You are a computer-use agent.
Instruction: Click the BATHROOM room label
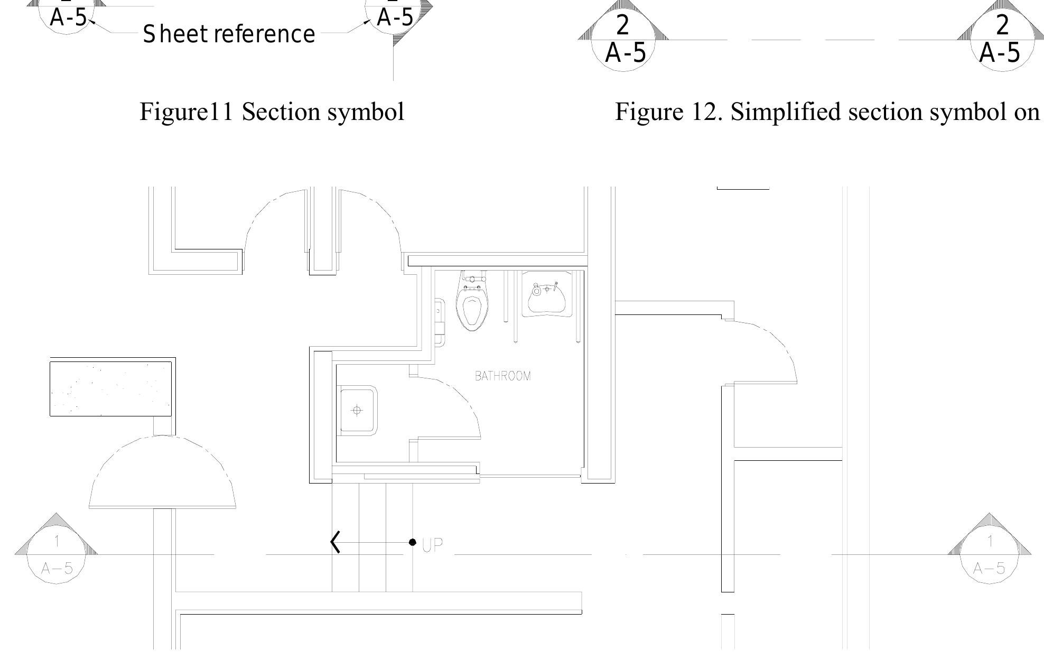point(502,376)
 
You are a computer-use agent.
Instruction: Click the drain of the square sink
point(357,410)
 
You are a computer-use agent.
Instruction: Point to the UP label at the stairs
point(432,545)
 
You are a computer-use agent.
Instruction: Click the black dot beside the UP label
point(413,542)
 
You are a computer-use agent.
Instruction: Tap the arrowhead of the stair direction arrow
point(335,542)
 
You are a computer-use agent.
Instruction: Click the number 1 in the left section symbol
point(57,541)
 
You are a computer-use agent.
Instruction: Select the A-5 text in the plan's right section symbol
point(989,569)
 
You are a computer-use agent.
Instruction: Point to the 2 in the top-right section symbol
point(1002,25)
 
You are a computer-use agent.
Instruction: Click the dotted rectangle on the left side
point(110,388)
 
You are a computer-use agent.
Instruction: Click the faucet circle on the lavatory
point(537,290)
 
